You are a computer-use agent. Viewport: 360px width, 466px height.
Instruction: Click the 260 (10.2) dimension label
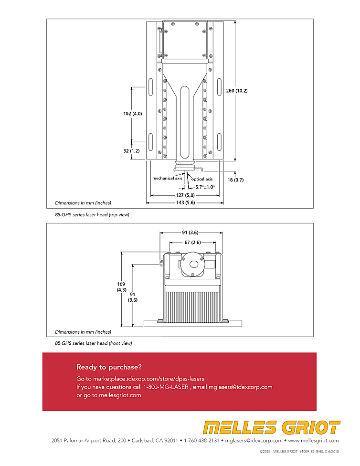pyautogui.click(x=237, y=91)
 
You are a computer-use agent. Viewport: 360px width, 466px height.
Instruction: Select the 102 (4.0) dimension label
pyautogui.click(x=133, y=114)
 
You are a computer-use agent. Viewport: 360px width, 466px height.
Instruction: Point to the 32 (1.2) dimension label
pyautogui.click(x=131, y=151)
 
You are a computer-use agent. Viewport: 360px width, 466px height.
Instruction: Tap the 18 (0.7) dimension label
pyautogui.click(x=235, y=180)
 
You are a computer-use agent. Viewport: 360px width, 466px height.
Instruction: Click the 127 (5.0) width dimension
pyautogui.click(x=185, y=195)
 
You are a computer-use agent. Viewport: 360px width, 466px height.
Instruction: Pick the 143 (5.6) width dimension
pyautogui.click(x=186, y=203)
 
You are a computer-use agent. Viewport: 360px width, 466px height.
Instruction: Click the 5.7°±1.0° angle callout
pyautogui.click(x=205, y=187)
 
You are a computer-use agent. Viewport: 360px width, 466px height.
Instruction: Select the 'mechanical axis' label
pyautogui.click(x=167, y=178)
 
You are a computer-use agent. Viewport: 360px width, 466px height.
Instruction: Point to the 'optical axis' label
pyautogui.click(x=202, y=179)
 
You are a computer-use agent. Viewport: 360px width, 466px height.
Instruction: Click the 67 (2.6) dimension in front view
pyautogui.click(x=192, y=243)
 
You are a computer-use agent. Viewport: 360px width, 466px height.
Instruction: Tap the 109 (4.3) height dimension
pyautogui.click(x=121, y=287)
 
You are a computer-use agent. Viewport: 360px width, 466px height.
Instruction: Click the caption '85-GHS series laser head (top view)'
pyautogui.click(x=92, y=214)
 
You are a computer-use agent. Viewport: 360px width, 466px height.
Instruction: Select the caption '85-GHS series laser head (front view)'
pyautogui.click(x=94, y=343)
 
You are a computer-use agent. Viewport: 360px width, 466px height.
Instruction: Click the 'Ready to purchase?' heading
pyautogui.click(x=109, y=367)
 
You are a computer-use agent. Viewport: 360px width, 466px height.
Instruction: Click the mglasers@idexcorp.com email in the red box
pyautogui.click(x=241, y=387)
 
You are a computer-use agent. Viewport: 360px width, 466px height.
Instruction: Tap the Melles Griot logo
pyautogui.click(x=271, y=428)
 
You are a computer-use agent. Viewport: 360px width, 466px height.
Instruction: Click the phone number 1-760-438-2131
pyautogui.click(x=201, y=440)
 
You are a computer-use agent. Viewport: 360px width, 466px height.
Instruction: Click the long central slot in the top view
pyautogui.click(x=185, y=122)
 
